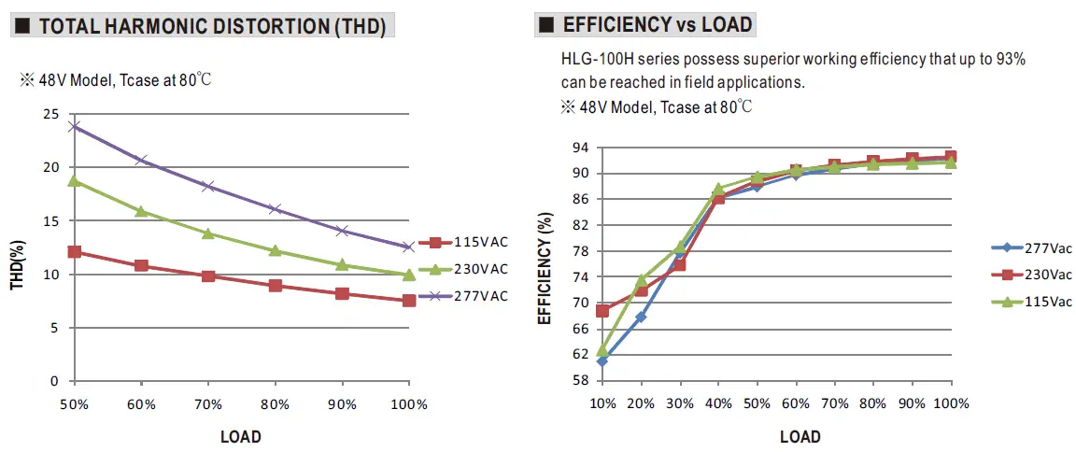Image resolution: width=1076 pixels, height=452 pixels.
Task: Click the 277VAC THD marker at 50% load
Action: click(x=74, y=125)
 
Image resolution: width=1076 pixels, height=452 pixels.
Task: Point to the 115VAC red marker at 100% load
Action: click(x=409, y=301)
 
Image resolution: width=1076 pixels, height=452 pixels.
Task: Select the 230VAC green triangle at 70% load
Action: click(x=208, y=233)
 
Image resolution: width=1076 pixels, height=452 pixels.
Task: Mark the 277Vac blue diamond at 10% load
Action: click(x=602, y=360)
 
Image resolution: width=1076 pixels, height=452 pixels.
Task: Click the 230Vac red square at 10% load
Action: click(x=602, y=310)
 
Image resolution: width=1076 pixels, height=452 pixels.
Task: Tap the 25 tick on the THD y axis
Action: click(x=51, y=114)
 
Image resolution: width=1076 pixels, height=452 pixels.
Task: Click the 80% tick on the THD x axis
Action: click(x=275, y=405)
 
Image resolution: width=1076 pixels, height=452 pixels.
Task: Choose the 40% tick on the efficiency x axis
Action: click(x=718, y=403)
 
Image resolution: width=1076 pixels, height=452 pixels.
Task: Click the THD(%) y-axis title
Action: click(x=17, y=264)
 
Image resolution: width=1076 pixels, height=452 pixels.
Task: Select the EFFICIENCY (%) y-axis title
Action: click(x=545, y=267)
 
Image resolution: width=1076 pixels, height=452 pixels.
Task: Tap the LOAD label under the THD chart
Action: click(x=241, y=436)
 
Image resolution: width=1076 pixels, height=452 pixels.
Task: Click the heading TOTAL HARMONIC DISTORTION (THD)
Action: click(x=212, y=27)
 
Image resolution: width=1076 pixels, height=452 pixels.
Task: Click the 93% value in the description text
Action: click(x=1011, y=60)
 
